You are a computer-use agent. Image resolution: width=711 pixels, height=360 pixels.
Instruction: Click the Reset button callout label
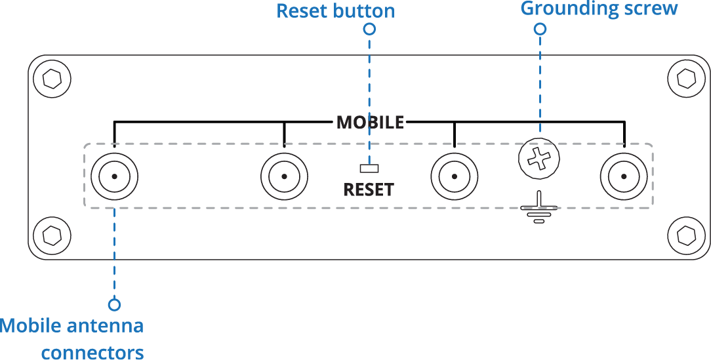point(335,11)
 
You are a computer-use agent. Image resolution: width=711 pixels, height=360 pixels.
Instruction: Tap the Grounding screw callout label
point(598,9)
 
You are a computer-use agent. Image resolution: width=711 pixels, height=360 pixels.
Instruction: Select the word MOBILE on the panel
point(370,123)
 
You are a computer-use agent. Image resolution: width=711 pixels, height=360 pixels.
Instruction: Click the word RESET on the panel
point(369,190)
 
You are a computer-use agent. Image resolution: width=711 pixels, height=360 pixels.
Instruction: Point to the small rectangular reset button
point(369,168)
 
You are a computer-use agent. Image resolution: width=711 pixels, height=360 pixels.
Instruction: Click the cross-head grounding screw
point(539,159)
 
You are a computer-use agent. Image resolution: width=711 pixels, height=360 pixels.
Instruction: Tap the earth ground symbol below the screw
point(538,209)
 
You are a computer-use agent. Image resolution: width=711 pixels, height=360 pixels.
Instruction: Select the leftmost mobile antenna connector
point(114,176)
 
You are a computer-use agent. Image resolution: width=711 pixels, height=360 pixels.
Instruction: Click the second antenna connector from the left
point(284,176)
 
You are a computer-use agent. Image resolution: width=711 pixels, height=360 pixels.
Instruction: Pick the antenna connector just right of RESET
point(454,176)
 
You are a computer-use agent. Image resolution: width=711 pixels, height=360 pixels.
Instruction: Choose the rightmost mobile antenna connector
point(624,176)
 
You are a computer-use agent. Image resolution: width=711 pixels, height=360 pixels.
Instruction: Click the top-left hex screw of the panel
point(52,79)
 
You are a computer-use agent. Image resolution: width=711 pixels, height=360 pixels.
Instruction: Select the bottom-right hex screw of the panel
point(686,234)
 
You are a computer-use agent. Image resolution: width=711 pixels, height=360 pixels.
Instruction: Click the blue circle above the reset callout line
point(369,29)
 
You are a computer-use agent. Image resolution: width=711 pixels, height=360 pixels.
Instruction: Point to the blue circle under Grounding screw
point(540,29)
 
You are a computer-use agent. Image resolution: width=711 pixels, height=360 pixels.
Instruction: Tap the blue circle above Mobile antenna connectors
point(115,304)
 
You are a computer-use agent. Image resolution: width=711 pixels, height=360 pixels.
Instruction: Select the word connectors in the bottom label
point(92,353)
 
